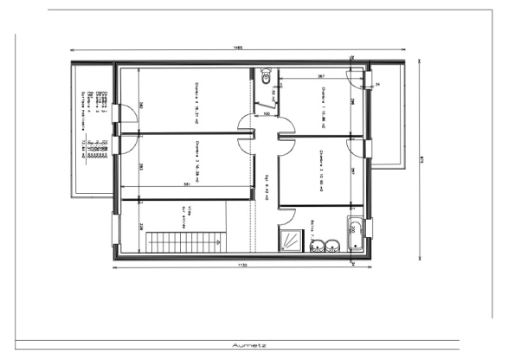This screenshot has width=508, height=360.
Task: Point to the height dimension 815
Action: tap(420, 157)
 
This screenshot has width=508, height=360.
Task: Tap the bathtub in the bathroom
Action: tap(355, 237)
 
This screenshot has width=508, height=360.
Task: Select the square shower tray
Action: tap(288, 241)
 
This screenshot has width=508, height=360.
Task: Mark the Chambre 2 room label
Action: tap(320, 165)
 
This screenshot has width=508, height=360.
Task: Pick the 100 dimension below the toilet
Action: tap(266, 113)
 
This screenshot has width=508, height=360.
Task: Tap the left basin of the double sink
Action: tap(316, 244)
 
